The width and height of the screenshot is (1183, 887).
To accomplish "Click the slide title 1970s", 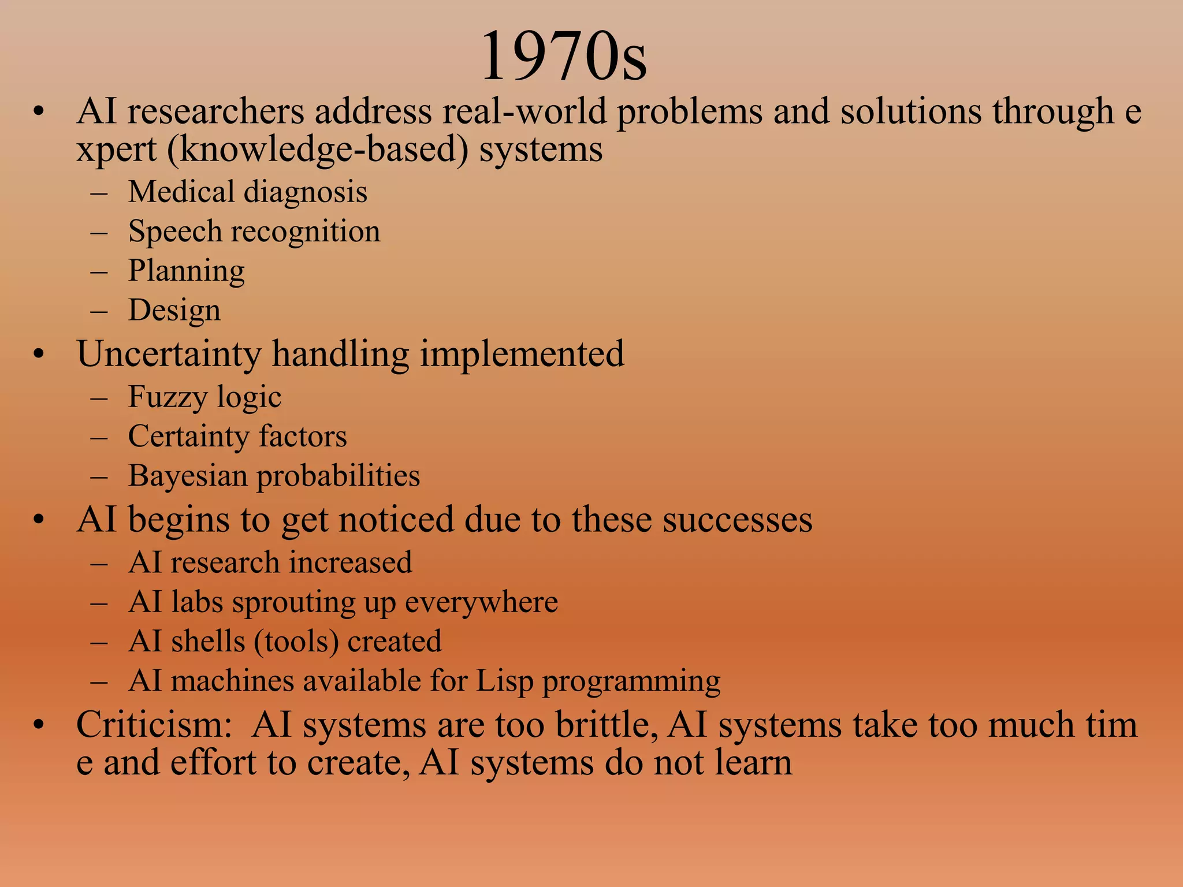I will [x=563, y=57].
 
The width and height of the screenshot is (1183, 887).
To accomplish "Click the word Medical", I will [x=181, y=192].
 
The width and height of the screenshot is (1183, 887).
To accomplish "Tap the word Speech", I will [x=174, y=232].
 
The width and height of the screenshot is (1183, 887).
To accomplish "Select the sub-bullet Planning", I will [x=186, y=271].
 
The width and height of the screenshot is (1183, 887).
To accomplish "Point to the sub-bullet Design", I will [x=174, y=311].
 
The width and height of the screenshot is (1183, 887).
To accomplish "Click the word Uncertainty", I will [x=168, y=354].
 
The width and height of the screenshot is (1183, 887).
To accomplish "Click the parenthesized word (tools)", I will [x=296, y=642].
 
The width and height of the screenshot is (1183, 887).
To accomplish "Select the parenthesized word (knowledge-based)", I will [x=318, y=150].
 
